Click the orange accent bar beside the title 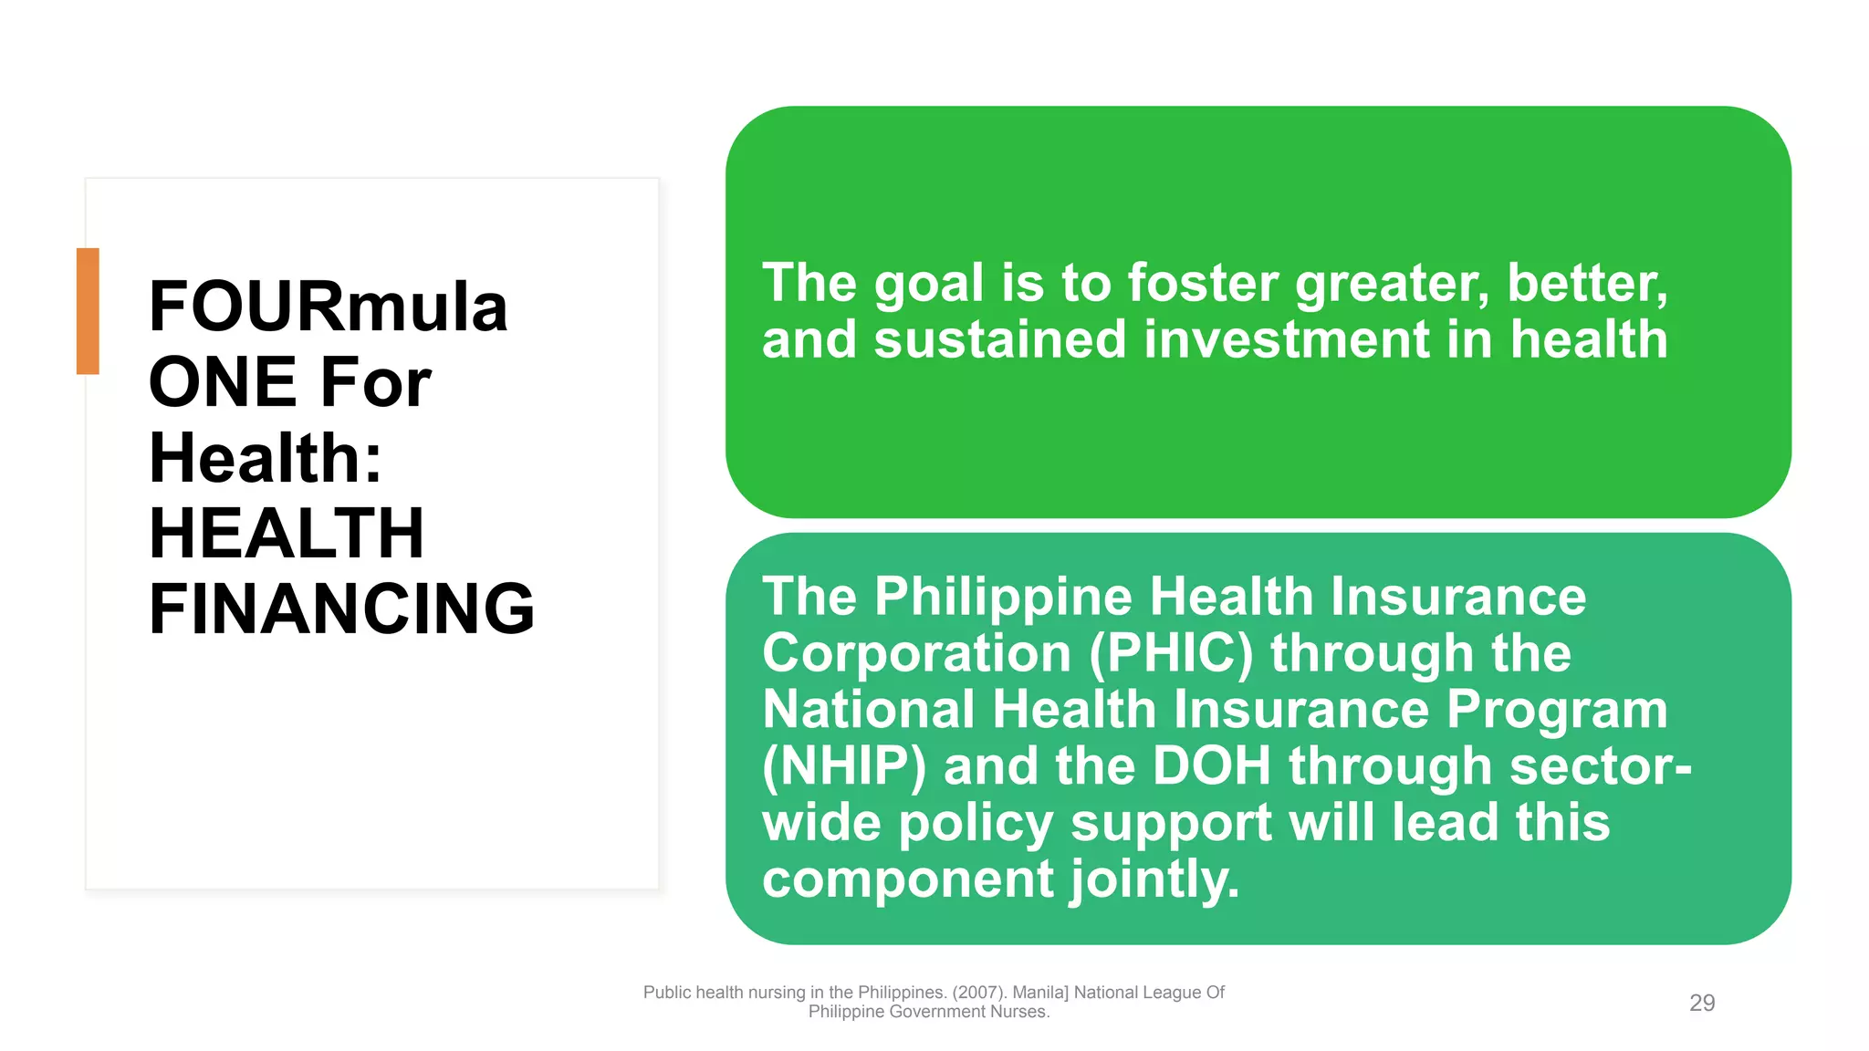coord(88,311)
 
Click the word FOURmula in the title coord(328,307)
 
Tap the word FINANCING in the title coord(341,609)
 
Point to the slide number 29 coord(1702,1003)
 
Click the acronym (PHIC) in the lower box coord(1171,654)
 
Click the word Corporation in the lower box coord(916,654)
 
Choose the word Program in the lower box coord(1557,710)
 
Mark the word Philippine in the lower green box coord(1002,598)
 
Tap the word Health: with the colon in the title coord(266,458)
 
